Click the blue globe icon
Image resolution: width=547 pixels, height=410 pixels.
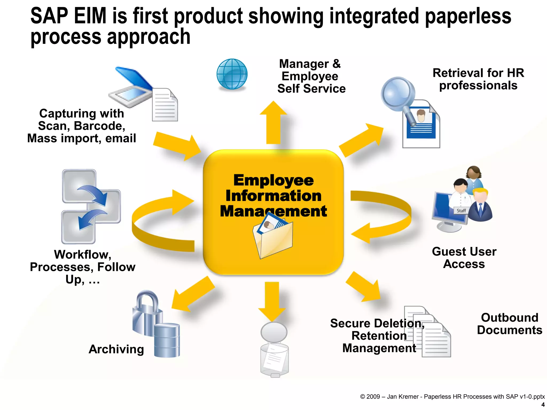click(x=232, y=74)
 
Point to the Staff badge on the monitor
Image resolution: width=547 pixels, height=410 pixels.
click(x=461, y=211)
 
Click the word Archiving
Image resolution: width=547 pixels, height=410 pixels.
click(x=116, y=349)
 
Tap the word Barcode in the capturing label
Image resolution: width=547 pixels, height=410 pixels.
click(x=99, y=126)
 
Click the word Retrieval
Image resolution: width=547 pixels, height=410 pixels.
click(x=458, y=73)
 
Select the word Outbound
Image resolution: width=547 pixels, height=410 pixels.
click(x=509, y=318)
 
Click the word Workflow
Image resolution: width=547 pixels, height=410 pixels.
click(x=82, y=255)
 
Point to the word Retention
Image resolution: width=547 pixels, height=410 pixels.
click(x=379, y=336)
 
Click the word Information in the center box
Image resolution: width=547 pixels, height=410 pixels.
click(x=273, y=196)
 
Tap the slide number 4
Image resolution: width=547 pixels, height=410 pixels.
click(x=543, y=405)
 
